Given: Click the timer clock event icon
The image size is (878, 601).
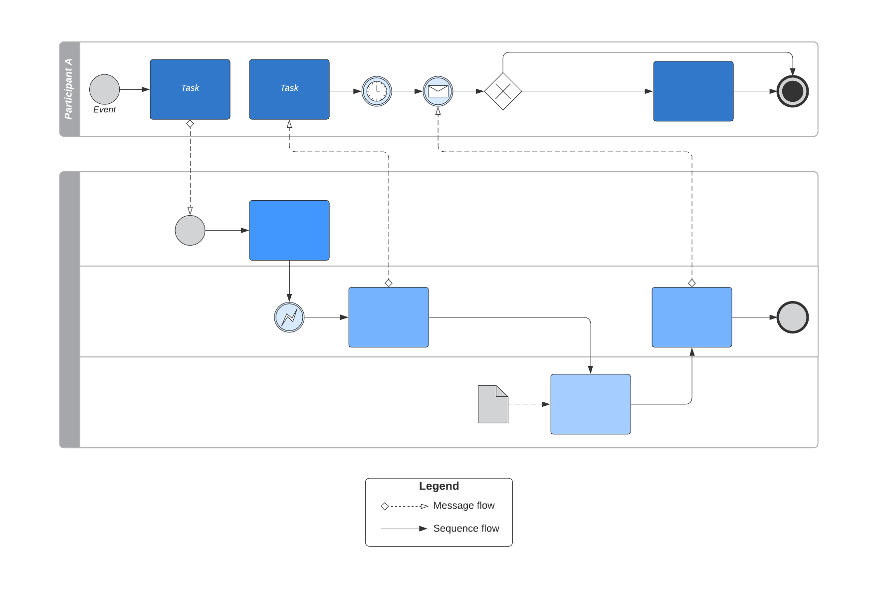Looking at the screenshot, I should (377, 91).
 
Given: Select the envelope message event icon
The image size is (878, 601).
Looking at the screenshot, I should (438, 91).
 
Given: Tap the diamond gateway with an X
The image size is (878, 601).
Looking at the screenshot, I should (503, 91).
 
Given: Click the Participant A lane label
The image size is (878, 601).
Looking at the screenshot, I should (69, 89).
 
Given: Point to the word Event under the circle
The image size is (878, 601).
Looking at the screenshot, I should (104, 110).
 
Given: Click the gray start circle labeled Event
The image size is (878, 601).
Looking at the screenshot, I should (104, 89).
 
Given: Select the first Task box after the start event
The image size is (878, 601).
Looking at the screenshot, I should (190, 89).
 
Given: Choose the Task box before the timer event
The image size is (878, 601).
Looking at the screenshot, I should (289, 89).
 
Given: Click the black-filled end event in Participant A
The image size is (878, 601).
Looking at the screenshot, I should (792, 91).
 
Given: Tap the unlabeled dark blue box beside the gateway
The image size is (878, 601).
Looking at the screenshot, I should (693, 91).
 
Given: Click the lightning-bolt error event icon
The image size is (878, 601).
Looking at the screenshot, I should (289, 317).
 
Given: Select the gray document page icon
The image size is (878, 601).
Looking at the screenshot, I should (493, 404).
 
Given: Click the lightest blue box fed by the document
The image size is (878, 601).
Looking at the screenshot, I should (590, 404).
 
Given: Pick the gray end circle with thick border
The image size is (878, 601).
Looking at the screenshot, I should (792, 317).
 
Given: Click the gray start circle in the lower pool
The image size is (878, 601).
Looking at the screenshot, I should (190, 230).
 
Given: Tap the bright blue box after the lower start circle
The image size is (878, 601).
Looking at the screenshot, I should (289, 230).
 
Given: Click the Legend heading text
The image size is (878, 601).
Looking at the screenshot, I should (439, 486).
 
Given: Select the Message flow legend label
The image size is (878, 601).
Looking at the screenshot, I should (463, 506).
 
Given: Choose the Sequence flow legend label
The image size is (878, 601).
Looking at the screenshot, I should (466, 529).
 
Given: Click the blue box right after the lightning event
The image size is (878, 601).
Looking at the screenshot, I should (388, 317).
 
